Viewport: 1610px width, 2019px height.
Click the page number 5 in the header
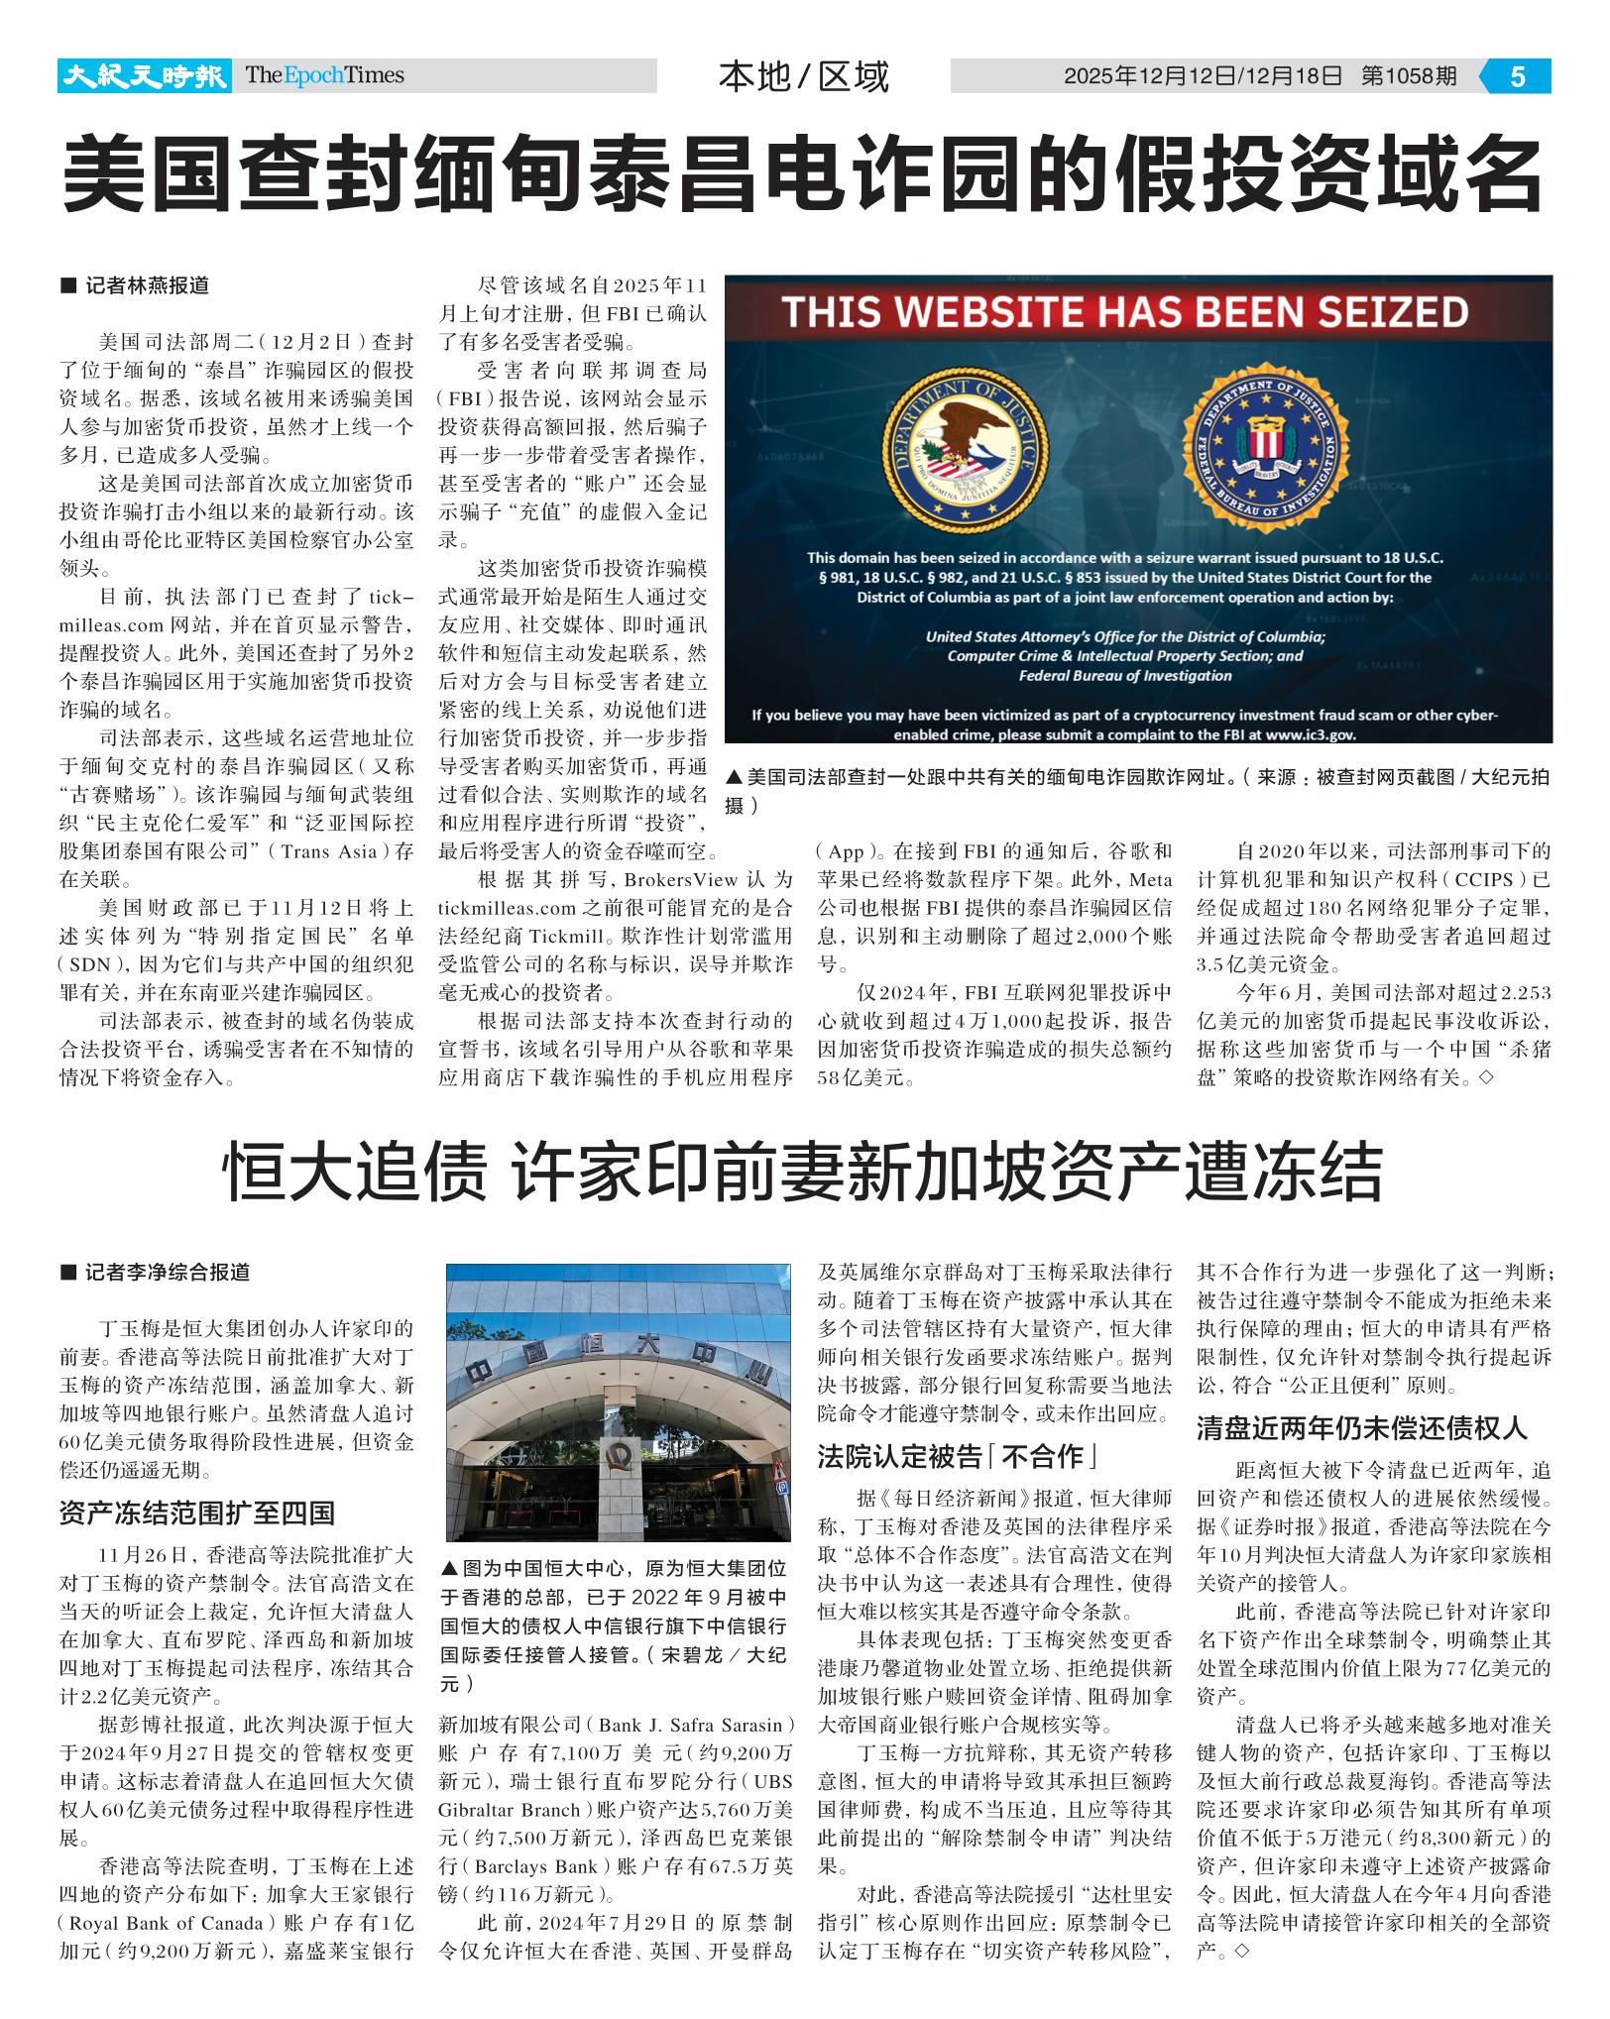pyautogui.click(x=1517, y=76)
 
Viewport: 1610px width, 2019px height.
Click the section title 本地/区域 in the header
pyautogui.click(x=803, y=77)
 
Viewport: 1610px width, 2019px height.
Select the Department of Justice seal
pyautogui.click(x=961, y=451)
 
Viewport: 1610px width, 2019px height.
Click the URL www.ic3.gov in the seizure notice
pyautogui.click(x=1311, y=734)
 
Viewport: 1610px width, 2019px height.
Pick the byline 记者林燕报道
pyautogui.click(x=147, y=285)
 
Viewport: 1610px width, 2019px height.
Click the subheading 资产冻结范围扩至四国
pyautogui.click(x=196, y=1514)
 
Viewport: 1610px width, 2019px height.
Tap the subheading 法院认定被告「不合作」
pyautogui.click(x=957, y=1456)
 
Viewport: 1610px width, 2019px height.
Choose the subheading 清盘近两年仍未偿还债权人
pyautogui.click(x=1362, y=1428)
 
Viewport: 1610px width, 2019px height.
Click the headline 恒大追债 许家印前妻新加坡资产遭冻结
pyautogui.click(x=803, y=1172)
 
